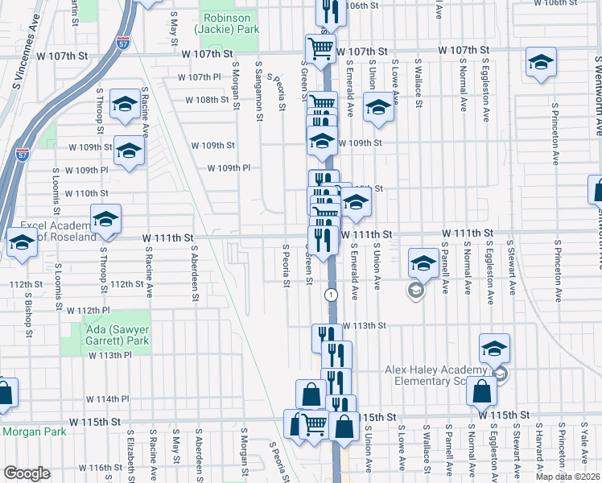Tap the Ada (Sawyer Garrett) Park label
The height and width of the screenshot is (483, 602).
117,335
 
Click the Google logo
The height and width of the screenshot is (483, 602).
27,473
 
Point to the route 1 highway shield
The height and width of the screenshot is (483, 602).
331,295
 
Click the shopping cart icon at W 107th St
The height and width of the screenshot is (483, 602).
320,47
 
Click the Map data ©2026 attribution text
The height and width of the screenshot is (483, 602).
567,477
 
